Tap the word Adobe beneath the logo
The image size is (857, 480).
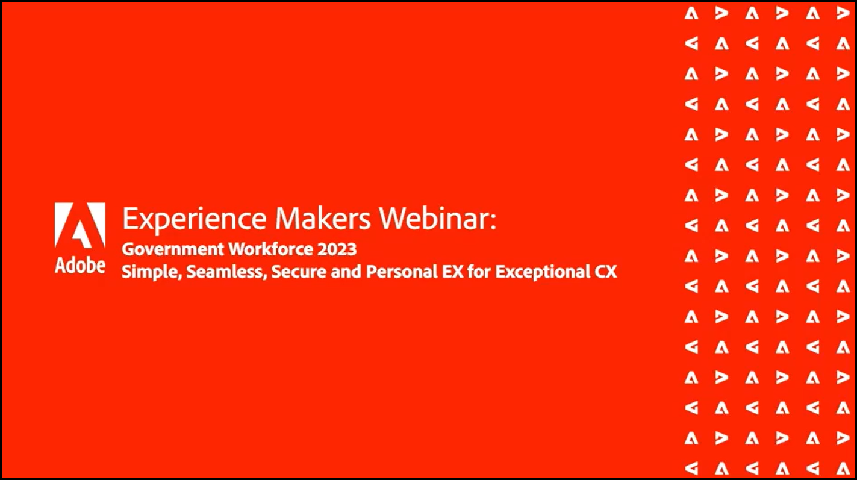(80, 266)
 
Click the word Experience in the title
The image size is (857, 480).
(194, 220)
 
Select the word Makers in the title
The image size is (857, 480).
(323, 219)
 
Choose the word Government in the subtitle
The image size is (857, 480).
(173, 249)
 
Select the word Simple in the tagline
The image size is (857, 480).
(152, 272)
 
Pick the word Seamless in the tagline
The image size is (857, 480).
(226, 272)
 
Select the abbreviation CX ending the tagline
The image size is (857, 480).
(606, 272)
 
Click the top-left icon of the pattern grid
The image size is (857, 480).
(691, 14)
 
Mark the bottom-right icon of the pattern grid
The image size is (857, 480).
(843, 469)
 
